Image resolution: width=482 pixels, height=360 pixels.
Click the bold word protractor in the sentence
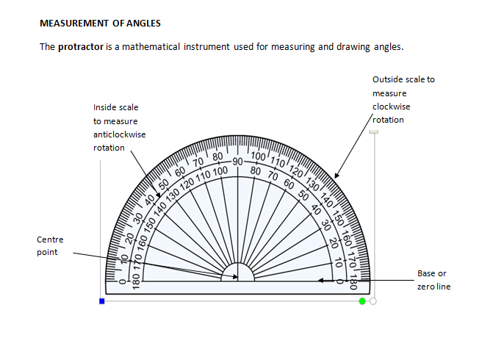coord(81,47)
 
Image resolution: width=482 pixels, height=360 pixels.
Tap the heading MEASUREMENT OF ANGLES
coord(100,24)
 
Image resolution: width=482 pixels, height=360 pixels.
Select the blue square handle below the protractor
coord(102,301)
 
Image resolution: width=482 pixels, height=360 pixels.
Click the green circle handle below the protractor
coord(362,301)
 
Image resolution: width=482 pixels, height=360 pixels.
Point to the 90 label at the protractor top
coord(237,162)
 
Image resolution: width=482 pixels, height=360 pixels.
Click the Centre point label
coord(50,246)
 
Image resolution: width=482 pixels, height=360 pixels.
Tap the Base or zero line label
coord(434,280)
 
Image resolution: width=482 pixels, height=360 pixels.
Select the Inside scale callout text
coord(120,128)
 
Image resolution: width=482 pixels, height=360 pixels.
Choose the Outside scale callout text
coord(403,100)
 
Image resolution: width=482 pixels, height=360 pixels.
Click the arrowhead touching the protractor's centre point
coord(235,277)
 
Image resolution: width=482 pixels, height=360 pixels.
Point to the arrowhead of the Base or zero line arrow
coord(320,281)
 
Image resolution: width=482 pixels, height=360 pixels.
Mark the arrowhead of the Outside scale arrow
coord(337,176)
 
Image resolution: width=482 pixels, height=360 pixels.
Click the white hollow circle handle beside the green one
coord(373,301)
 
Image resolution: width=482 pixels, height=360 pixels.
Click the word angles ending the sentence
coord(389,47)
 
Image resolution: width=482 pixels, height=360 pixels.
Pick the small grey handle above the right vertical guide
coord(373,132)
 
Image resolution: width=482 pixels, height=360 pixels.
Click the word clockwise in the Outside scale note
coord(392,107)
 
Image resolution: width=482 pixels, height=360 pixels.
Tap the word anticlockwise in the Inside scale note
coord(120,134)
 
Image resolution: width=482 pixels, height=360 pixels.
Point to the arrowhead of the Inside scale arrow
coord(158,195)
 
